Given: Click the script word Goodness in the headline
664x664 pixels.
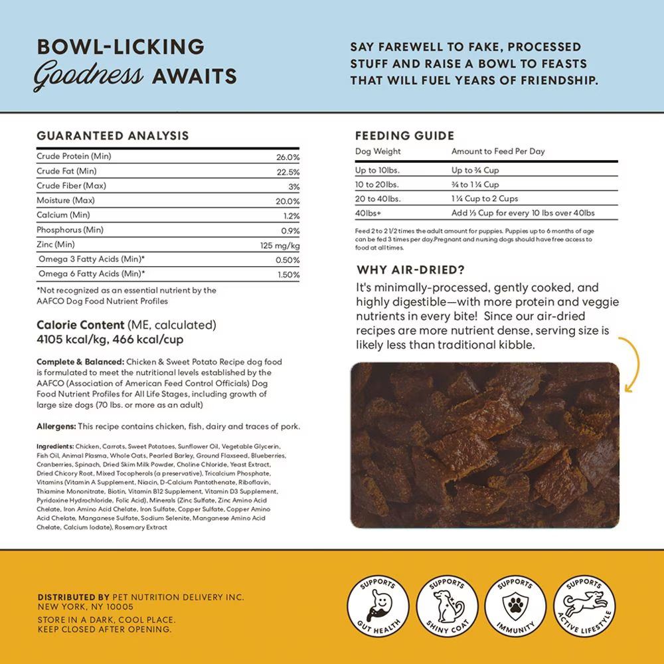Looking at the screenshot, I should click(x=88, y=76).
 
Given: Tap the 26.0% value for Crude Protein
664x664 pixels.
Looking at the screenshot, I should click(x=288, y=157).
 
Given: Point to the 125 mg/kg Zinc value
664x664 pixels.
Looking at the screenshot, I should click(x=280, y=246).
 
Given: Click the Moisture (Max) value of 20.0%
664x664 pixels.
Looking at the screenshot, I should click(x=288, y=201).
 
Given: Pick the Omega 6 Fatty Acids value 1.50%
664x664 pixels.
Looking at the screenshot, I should click(x=288, y=274).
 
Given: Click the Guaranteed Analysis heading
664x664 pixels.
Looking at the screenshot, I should click(x=113, y=135).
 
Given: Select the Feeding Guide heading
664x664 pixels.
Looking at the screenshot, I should click(x=405, y=135).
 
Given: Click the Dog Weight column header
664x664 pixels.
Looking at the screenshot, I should click(x=378, y=151).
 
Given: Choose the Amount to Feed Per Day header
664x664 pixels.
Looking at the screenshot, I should click(x=498, y=151).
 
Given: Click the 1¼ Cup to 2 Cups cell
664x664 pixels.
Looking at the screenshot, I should click(x=485, y=199).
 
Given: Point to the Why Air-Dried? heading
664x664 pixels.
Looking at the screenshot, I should click(x=410, y=270).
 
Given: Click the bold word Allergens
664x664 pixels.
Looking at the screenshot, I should click(x=56, y=426).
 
